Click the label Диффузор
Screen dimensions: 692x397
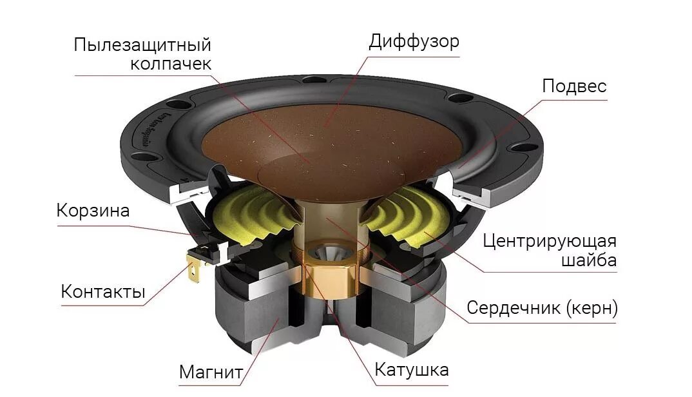(414, 42)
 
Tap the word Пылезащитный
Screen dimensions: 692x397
(142, 45)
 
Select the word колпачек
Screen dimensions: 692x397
(171, 64)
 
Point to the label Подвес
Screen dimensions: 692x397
(574, 86)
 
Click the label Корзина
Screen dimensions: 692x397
(93, 211)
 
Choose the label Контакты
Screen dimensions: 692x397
(103, 291)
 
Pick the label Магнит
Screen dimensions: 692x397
(211, 372)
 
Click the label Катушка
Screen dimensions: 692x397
(412, 370)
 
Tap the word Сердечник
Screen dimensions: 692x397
(514, 307)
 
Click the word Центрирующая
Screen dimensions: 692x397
(550, 241)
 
